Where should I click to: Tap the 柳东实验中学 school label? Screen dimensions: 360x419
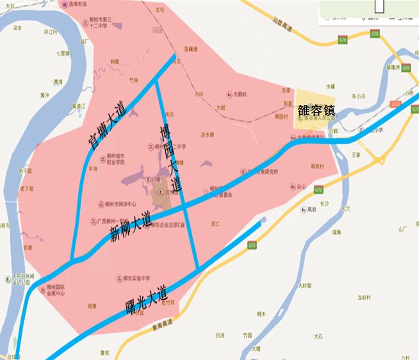132,278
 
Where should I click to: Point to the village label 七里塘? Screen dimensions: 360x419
62,53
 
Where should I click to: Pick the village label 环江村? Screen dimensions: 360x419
51,31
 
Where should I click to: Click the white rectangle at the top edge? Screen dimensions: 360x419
380,5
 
